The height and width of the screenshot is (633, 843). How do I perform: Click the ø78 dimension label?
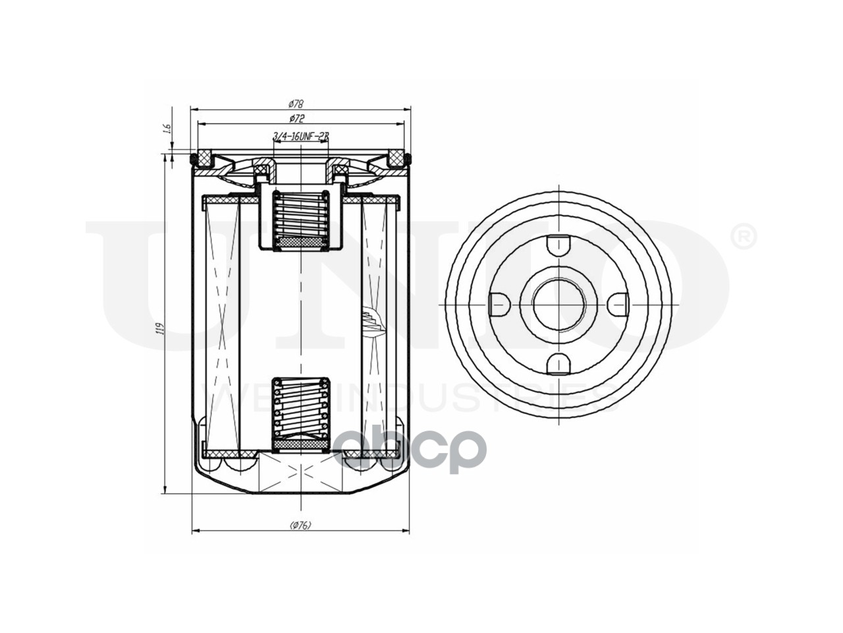click(296, 104)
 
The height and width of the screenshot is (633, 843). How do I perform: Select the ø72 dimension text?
click(296, 119)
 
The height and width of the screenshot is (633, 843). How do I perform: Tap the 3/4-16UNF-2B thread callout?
click(300, 136)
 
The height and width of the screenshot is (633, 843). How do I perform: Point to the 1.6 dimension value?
click(167, 129)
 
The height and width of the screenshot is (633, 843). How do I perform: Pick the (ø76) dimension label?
click(300, 526)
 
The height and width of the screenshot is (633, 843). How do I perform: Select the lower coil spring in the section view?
click(300, 407)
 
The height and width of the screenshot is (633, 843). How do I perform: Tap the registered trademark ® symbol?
click(744, 237)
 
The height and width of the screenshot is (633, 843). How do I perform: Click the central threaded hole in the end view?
click(558, 303)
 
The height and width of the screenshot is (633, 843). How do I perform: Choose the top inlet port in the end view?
click(558, 243)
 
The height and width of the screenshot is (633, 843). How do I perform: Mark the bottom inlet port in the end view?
click(558, 363)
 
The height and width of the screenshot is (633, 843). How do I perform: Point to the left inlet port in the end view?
click(499, 303)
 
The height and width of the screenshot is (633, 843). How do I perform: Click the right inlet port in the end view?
click(618, 303)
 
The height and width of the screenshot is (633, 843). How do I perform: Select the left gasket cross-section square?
click(205, 158)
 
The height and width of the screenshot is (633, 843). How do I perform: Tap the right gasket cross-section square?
click(396, 158)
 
